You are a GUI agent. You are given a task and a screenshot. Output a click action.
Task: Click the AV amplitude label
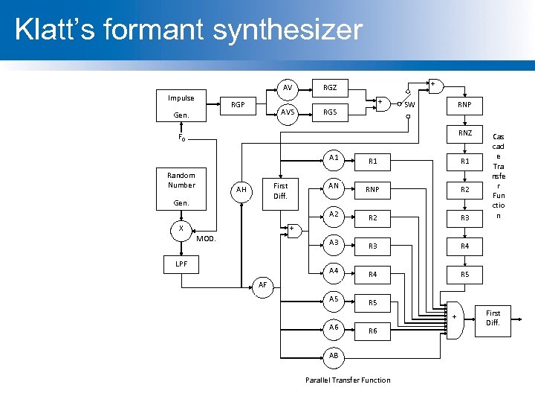(x=287, y=88)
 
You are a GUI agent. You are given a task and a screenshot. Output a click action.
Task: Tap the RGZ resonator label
(x=329, y=88)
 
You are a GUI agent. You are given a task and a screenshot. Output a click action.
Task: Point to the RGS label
(x=329, y=112)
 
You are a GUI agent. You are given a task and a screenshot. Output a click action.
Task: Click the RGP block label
(x=238, y=105)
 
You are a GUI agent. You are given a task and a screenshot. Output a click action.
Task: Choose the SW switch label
(x=409, y=104)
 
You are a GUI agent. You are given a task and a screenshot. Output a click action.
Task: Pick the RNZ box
(x=464, y=133)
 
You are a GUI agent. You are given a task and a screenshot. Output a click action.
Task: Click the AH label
(x=241, y=190)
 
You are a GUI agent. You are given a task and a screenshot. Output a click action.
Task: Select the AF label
(x=262, y=285)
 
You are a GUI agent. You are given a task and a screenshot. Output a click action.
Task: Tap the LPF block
(x=181, y=264)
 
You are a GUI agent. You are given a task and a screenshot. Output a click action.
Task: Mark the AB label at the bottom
(x=334, y=355)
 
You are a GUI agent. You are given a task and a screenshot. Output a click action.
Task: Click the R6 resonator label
(x=373, y=331)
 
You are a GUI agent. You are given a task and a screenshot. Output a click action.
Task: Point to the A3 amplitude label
(x=334, y=242)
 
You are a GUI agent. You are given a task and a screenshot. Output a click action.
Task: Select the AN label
(x=334, y=186)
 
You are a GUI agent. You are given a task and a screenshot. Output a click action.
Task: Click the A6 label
(x=334, y=327)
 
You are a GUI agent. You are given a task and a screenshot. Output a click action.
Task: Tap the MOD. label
(x=206, y=239)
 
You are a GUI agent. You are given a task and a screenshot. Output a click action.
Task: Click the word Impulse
(x=181, y=98)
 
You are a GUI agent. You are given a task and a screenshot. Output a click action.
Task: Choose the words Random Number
(x=181, y=180)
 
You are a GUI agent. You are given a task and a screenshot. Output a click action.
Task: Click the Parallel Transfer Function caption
(x=348, y=380)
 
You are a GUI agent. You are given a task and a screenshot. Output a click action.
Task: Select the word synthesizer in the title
(x=288, y=30)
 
